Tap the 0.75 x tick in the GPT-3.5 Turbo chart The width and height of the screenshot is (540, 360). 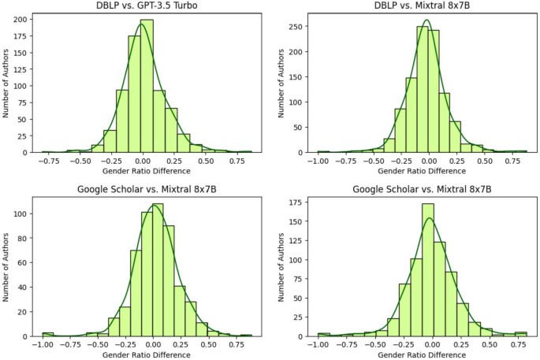(235, 161)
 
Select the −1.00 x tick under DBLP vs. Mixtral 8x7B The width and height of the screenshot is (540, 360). (318, 161)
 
